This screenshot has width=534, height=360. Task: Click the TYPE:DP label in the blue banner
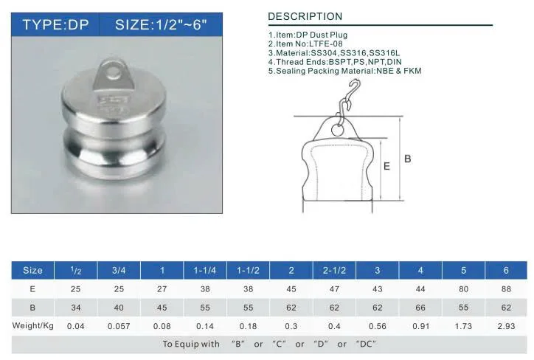(55, 25)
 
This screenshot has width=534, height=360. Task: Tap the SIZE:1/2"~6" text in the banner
(161, 25)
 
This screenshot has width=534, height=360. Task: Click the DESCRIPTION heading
(305, 16)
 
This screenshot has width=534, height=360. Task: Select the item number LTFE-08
(325, 44)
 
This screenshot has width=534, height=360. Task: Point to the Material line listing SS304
(333, 53)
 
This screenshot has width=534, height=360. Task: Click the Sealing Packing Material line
(344, 71)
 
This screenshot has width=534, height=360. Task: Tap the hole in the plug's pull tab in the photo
(114, 72)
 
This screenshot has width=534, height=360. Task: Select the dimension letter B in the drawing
(408, 159)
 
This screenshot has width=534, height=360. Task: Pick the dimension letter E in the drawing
(386, 166)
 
